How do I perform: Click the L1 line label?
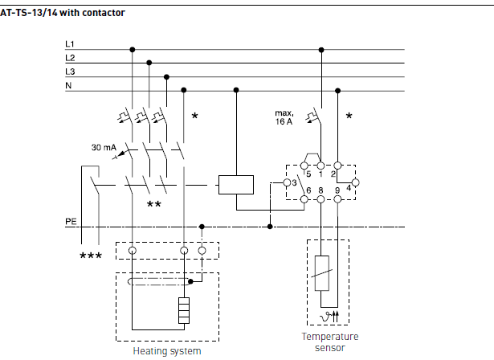point(70,43)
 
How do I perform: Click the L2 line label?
point(70,57)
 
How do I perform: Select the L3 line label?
point(70,72)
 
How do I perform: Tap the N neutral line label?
point(68,85)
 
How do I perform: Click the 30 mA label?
point(102,148)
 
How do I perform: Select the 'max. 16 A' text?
point(285,118)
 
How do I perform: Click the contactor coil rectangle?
point(235,184)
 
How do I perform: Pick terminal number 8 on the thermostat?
point(320,190)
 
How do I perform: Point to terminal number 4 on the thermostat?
point(349,188)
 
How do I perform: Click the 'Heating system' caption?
point(166,351)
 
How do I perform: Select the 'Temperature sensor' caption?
point(329,343)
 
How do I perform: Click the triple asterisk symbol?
point(92,257)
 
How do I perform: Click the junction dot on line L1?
point(133,50)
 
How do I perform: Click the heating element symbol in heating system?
point(183,310)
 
